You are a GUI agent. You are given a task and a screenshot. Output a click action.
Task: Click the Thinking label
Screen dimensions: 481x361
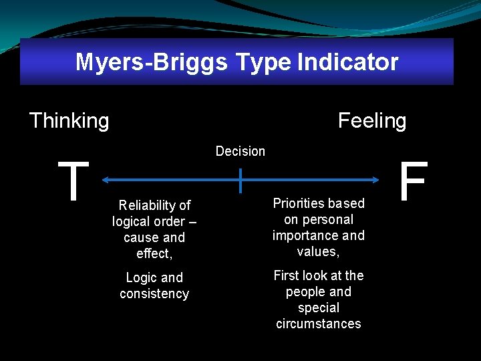69,121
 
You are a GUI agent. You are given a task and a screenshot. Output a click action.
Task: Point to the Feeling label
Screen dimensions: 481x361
372,121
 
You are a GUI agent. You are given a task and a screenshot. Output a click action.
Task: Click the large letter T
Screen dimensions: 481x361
73,181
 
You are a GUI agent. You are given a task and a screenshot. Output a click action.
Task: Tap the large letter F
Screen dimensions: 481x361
413,181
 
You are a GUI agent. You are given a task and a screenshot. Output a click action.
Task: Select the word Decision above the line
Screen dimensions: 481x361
240,152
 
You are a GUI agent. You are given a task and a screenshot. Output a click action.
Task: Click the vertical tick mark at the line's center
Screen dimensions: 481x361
240,179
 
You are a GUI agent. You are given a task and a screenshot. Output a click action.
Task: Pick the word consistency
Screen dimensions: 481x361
154,293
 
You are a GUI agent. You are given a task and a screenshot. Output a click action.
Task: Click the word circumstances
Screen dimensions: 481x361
319,324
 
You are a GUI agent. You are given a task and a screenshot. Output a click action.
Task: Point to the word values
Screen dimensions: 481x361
317,251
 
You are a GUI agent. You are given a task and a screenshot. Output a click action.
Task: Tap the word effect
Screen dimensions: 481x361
153,253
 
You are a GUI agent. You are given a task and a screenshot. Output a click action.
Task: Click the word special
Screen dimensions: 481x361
319,308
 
